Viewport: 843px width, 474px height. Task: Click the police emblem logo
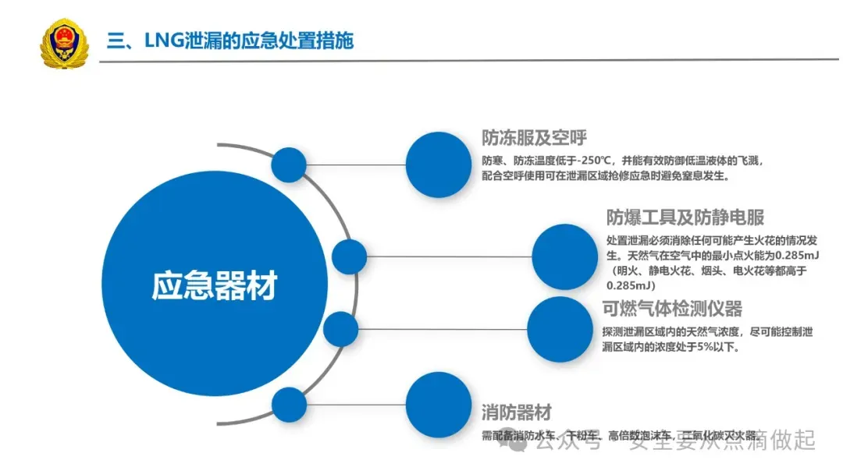click(64, 44)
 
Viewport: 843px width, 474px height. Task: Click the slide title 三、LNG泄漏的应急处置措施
click(230, 41)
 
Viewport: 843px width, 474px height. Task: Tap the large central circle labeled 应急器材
click(214, 286)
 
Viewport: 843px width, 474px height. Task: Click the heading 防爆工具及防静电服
click(685, 217)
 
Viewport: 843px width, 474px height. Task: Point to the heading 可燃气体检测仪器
click(672, 309)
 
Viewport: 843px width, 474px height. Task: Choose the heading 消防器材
click(516, 412)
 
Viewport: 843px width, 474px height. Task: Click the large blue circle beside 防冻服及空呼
click(439, 164)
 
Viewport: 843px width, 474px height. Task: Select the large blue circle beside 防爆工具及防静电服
click(565, 256)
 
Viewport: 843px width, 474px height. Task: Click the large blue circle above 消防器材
click(439, 405)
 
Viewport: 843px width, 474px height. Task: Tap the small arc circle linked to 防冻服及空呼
click(289, 164)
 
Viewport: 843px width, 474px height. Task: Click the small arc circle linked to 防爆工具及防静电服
click(349, 256)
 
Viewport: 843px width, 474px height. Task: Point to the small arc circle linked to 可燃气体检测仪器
click(340, 328)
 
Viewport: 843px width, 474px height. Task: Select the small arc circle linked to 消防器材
click(289, 405)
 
